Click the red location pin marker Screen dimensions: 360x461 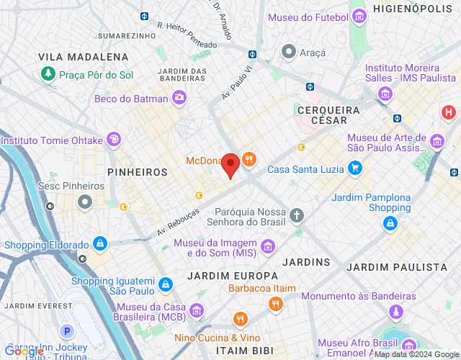[230, 166]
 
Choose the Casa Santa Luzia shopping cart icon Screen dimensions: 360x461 [354, 169]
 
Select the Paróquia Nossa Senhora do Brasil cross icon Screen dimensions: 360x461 [297, 215]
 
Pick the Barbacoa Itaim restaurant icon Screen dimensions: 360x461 [275, 305]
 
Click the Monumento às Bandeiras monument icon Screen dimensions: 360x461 [395, 312]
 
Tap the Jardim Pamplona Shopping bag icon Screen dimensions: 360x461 [390, 224]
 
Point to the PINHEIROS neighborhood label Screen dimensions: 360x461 [137, 173]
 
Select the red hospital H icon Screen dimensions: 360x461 [449, 112]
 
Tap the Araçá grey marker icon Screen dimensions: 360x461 [289, 52]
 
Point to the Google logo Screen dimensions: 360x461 [23, 351]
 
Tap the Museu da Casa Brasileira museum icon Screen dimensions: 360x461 [196, 310]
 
